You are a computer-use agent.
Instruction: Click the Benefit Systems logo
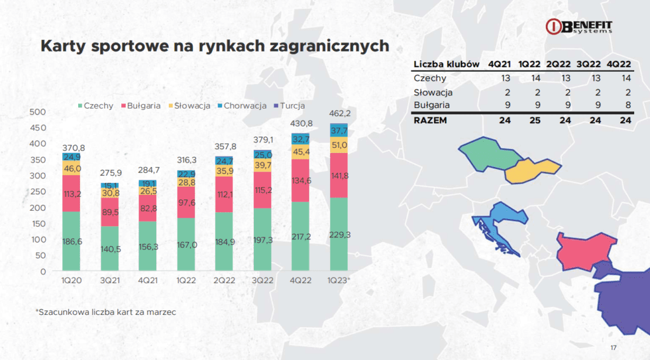[x=579, y=26]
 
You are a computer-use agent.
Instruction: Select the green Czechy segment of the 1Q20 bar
[x=71, y=241]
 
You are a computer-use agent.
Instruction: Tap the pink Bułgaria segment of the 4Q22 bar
[x=300, y=180]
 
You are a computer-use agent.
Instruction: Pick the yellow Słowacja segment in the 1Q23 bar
[x=339, y=145]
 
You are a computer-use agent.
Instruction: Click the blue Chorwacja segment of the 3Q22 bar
[x=262, y=155]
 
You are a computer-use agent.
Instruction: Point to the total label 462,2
[x=340, y=113]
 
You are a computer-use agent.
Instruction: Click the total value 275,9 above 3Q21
[x=110, y=173]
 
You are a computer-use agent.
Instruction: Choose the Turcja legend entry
[x=289, y=106]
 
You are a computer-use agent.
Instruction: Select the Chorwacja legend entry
[x=242, y=106]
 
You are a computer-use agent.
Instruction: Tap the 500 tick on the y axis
[x=37, y=112]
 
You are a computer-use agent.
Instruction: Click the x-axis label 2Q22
[x=224, y=281]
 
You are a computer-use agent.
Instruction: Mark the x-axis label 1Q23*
[x=339, y=281]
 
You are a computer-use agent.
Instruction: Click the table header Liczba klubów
[x=446, y=64]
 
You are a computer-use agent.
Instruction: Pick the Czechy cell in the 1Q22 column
[x=536, y=78]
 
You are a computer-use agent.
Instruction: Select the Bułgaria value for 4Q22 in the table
[x=628, y=105]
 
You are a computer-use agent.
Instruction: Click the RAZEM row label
[x=430, y=120]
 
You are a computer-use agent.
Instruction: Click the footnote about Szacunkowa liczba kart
[x=106, y=312]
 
